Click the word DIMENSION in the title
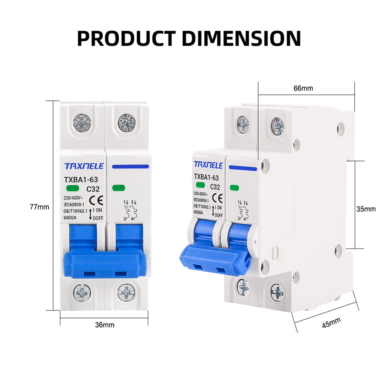pyautogui.click(x=241, y=38)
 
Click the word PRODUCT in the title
pyautogui.click(x=126, y=38)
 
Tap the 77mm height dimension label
pyautogui.click(x=39, y=207)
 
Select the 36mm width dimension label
pyautogui.click(x=104, y=325)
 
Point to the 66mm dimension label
pyautogui.click(x=303, y=88)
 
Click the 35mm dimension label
pyautogui.click(x=366, y=209)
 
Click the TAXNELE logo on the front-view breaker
pyautogui.click(x=84, y=166)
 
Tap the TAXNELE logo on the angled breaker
pyautogui.click(x=208, y=165)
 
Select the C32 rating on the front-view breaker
pyautogui.click(x=93, y=189)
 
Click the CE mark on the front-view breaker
pyautogui.click(x=96, y=200)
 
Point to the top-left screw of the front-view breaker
pyautogui.click(x=82, y=123)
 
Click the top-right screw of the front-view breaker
pyautogui.click(x=126, y=123)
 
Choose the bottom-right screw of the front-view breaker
pyautogui.click(x=126, y=293)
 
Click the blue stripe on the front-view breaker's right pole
pyautogui.click(x=130, y=166)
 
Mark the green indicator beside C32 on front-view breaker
pyautogui.click(x=73, y=188)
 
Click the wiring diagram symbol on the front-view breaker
pyautogui.click(x=130, y=210)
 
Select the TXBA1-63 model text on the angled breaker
pyautogui.click(x=206, y=177)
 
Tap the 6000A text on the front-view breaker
pyautogui.click(x=70, y=218)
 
